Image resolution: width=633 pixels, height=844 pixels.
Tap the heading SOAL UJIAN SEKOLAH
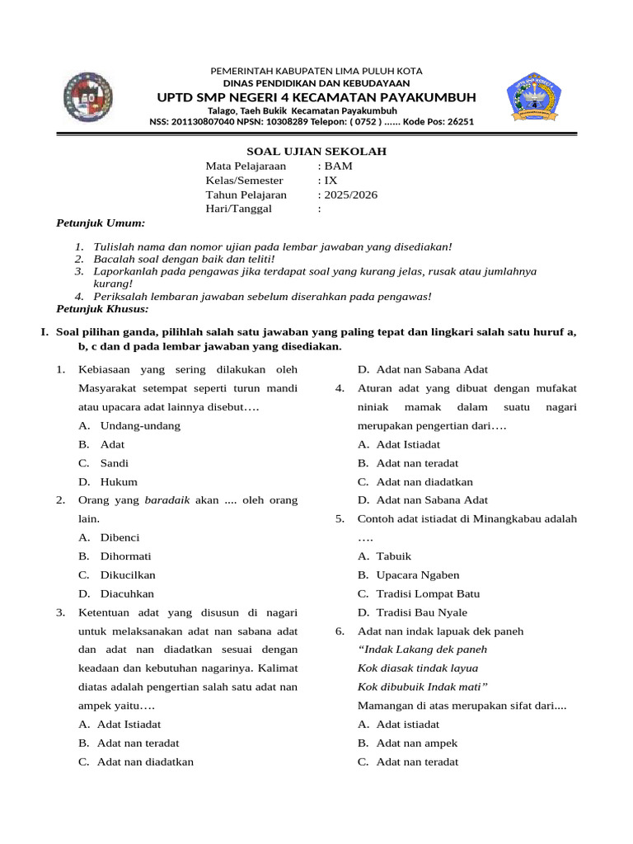pyautogui.click(x=317, y=152)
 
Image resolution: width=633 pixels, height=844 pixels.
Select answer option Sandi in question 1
pyautogui.click(x=114, y=463)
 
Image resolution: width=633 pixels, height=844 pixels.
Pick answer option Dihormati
pyautogui.click(x=125, y=556)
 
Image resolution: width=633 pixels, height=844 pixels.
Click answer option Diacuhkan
pyautogui.click(x=127, y=593)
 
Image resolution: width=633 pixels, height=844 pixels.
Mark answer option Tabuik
pyautogui.click(x=393, y=556)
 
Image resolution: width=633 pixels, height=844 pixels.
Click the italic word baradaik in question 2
pyautogui.click(x=168, y=500)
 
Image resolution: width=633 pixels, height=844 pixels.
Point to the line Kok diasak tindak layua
pyautogui.click(x=418, y=668)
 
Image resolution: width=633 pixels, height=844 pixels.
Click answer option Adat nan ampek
pyautogui.click(x=416, y=743)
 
